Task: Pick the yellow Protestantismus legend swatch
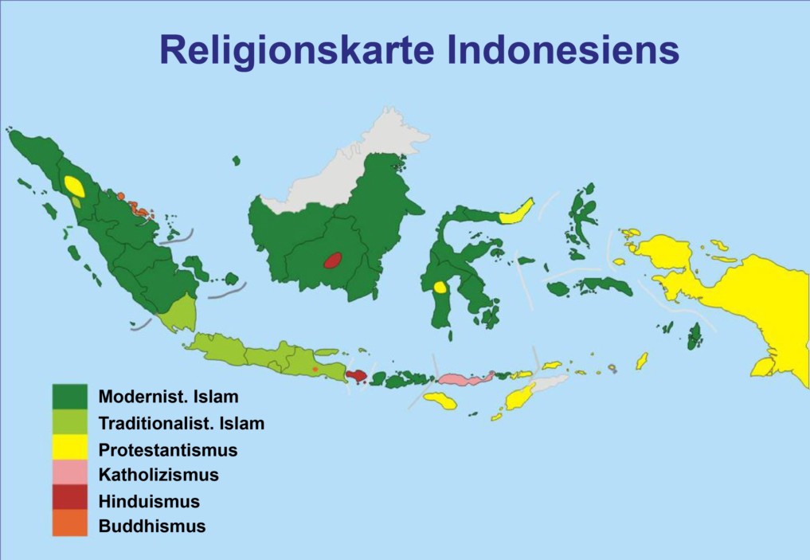69,449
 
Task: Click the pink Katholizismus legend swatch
69,475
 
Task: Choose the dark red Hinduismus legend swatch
69,500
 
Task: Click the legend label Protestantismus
167,450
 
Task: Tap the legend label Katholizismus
158,476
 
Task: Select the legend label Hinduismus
148,501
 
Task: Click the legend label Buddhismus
151,526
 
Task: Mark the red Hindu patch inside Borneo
332,260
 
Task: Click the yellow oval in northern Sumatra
74,186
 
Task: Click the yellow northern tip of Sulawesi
517,211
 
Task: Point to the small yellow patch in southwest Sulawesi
439,288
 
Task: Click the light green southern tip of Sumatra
179,315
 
